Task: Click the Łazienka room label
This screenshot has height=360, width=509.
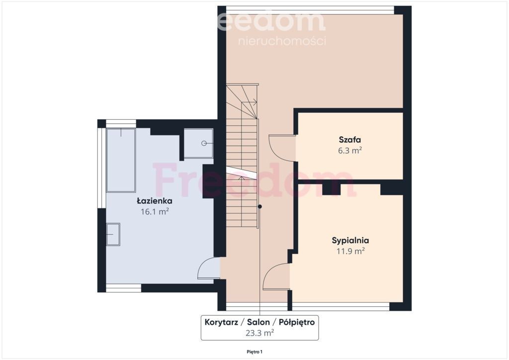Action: [154, 201]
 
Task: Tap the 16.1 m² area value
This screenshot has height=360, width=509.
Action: [155, 212]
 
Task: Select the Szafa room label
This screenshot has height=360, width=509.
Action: [350, 140]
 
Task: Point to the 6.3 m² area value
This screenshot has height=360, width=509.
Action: [350, 151]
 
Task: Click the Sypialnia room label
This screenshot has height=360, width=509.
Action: [350, 241]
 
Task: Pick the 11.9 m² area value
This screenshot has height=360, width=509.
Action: [350, 251]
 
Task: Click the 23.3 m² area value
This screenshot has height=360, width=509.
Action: [259, 333]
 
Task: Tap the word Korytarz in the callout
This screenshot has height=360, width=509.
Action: [221, 322]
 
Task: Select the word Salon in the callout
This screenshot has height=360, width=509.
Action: [258, 322]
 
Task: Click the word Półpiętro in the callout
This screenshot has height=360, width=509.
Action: [297, 322]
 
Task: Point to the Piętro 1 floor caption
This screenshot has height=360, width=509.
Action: [254, 352]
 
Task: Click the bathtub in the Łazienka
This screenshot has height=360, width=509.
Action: [121, 161]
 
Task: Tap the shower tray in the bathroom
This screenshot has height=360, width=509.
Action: [198, 143]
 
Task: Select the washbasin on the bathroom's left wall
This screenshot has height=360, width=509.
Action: [113, 234]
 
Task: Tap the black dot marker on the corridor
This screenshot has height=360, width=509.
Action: [259, 206]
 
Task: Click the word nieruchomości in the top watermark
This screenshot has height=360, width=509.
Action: [282, 41]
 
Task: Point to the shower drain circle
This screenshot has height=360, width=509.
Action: [204, 143]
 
